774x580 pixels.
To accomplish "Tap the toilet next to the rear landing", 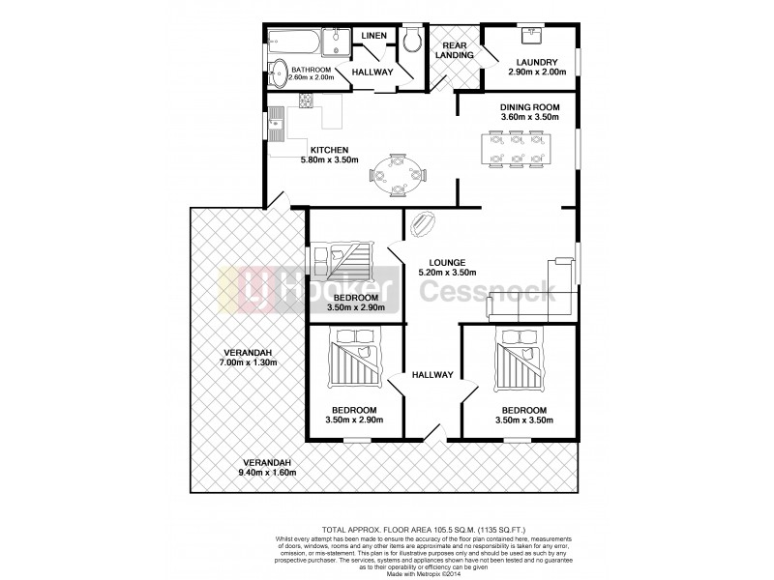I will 412,40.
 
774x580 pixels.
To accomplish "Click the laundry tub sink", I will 531,35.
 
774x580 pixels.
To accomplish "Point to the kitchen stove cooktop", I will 307,100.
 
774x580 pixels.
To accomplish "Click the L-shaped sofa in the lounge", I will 542,295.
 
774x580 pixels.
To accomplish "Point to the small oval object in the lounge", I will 423,224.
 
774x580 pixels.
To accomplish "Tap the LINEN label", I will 373,36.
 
